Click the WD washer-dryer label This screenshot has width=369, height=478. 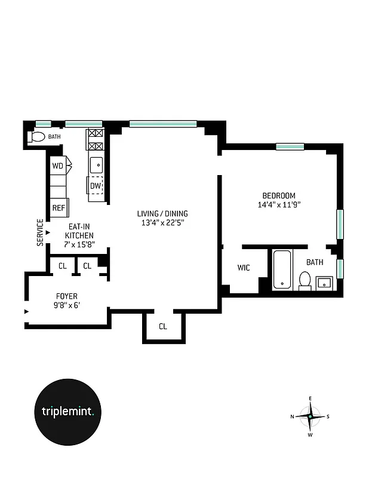click(x=57, y=166)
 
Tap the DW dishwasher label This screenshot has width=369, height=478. click(x=96, y=186)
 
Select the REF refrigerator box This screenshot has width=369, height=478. click(x=59, y=208)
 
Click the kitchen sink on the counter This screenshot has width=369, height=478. click(x=96, y=163)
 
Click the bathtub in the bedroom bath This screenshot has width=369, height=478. click(x=282, y=269)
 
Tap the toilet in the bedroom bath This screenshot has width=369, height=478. click(x=305, y=280)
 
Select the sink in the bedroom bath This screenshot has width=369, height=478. click(x=325, y=281)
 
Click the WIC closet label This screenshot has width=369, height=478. click(x=244, y=268)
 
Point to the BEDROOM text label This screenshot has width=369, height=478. click(x=279, y=195)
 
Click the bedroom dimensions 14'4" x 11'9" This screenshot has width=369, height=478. click(x=279, y=205)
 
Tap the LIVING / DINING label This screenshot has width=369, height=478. click(x=162, y=214)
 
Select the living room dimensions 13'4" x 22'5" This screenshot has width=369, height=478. click(x=162, y=223)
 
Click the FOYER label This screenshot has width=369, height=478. click(x=66, y=296)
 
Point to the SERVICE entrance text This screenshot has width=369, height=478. click(x=40, y=232)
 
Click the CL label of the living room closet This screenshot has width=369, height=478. click(x=163, y=327)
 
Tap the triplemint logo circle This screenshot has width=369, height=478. click(x=72, y=411)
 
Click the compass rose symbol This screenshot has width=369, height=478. click(x=310, y=416)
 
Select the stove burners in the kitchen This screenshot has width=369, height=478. click(x=96, y=140)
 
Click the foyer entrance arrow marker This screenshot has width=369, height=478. click(x=26, y=311)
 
